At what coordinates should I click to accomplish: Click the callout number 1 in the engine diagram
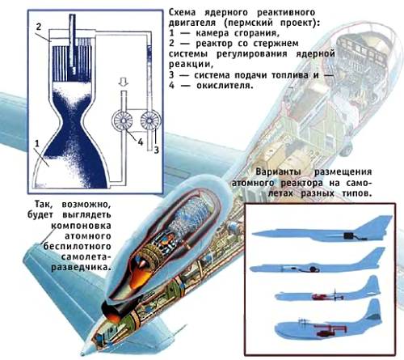click(x=37, y=143)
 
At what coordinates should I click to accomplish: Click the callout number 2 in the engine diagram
click(x=39, y=27)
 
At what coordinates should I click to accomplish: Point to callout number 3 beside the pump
click(x=156, y=150)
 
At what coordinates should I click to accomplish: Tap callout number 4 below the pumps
click(x=141, y=142)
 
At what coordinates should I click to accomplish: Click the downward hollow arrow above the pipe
click(x=124, y=82)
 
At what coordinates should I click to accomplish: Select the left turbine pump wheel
click(x=123, y=121)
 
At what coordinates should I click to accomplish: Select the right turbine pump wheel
click(x=150, y=121)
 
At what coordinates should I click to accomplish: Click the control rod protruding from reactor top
click(x=72, y=40)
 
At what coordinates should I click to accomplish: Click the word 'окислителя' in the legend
click(x=225, y=86)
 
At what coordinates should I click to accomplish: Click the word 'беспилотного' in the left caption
click(x=77, y=247)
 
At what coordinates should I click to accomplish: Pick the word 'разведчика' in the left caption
click(x=81, y=267)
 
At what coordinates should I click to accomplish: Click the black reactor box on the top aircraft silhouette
click(x=349, y=235)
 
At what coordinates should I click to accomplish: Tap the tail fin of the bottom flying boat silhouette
click(x=373, y=310)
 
